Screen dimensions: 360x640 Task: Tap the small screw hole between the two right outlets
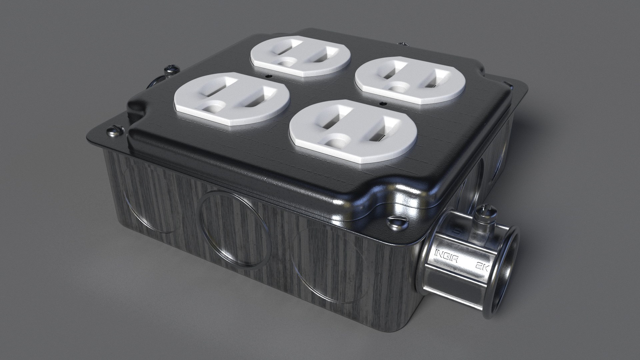pyautogui.click(x=383, y=103)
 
